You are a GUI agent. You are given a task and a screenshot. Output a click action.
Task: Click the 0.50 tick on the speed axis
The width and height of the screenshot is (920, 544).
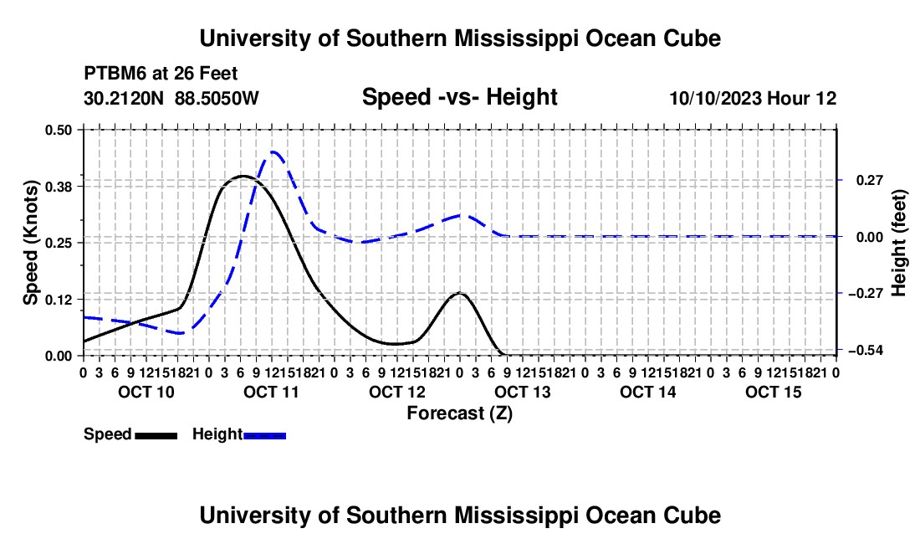tap(59, 130)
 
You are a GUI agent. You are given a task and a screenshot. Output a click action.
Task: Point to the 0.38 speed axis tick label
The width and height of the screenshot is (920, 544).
tap(59, 187)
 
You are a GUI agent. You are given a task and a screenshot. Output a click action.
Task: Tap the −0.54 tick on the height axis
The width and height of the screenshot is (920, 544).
tap(866, 351)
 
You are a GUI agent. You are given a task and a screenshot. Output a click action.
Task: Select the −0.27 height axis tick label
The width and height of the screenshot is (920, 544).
tap(866, 294)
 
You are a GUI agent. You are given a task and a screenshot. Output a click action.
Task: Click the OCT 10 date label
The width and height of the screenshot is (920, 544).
tap(146, 392)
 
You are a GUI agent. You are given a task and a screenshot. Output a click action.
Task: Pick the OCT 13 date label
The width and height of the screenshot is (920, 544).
tap(523, 392)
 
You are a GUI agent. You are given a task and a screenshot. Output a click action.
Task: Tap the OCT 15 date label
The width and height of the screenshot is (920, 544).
tap(774, 392)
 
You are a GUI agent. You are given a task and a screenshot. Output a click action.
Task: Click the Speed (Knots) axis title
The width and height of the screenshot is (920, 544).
tap(30, 243)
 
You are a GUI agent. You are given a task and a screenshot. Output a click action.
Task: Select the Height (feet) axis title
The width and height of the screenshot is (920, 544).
tap(899, 243)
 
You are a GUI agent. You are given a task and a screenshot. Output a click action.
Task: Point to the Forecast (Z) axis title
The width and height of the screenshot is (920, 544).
tap(460, 413)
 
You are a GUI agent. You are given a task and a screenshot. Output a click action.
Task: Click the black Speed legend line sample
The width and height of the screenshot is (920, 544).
tap(156, 435)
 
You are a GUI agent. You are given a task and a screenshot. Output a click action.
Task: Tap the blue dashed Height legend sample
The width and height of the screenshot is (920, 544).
tap(264, 435)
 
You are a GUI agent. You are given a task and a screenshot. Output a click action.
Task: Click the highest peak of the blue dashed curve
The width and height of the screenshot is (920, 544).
tap(273, 152)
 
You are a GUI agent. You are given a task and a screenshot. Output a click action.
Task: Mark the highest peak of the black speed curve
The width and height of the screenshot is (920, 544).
tap(243, 176)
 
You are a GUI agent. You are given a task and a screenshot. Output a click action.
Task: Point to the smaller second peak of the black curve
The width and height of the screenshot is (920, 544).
tap(460, 293)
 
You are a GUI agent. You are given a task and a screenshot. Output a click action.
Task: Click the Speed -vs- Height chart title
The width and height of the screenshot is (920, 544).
tap(459, 97)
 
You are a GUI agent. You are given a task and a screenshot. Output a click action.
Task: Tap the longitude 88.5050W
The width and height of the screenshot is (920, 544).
tap(217, 98)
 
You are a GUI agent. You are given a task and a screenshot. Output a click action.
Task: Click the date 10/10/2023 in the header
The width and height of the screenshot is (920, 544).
tap(716, 98)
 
